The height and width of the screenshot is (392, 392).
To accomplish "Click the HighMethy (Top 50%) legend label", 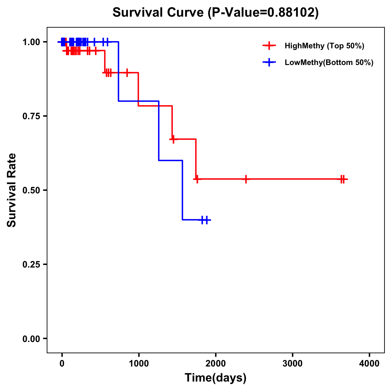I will [324, 46].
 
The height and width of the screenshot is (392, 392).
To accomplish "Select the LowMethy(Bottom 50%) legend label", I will [329, 62].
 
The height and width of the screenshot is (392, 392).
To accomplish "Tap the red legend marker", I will [269, 46].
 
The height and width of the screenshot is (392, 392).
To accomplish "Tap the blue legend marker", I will [269, 62].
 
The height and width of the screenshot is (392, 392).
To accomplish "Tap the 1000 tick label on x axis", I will [139, 364].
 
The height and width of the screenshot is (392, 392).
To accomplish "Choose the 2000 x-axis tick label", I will [216, 364].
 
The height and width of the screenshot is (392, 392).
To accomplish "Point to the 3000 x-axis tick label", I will [292, 364].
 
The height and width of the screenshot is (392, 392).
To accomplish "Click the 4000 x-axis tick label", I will [369, 364].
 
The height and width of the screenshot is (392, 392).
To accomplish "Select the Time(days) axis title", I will [216, 378].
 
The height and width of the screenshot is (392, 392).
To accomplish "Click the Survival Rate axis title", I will [12, 190].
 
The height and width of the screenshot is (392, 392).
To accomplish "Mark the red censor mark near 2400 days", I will [246, 179].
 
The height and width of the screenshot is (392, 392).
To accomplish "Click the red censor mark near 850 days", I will [127, 73].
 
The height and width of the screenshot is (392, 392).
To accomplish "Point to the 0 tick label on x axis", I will [62, 364].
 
